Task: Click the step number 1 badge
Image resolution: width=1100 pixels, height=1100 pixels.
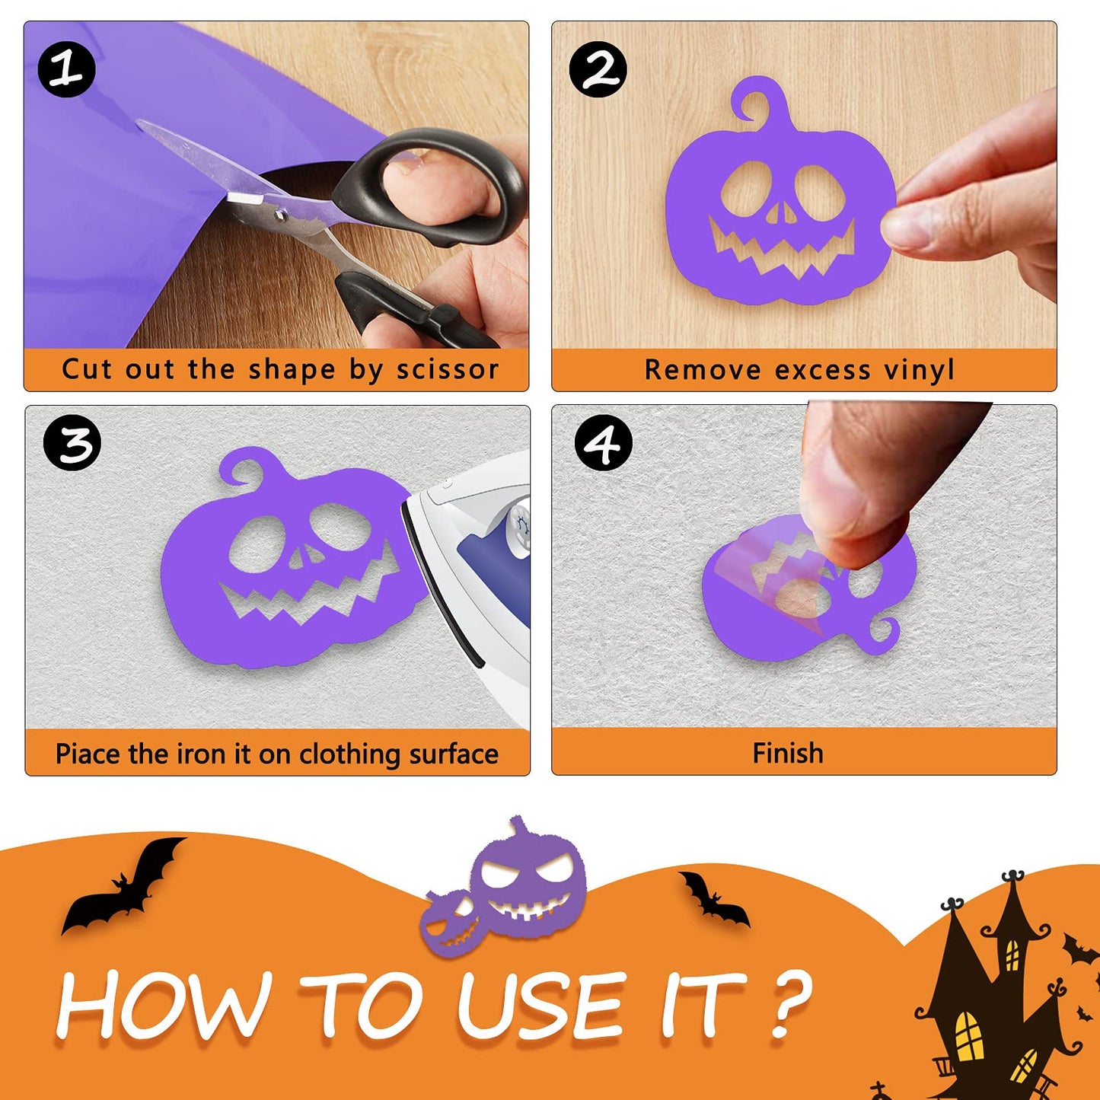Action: pyautogui.click(x=66, y=69)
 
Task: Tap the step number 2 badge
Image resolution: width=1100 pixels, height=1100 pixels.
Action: pyautogui.click(x=598, y=69)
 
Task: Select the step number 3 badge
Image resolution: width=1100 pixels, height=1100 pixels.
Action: pyautogui.click(x=72, y=442)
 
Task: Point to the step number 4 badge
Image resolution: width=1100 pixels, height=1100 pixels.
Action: pyautogui.click(x=604, y=442)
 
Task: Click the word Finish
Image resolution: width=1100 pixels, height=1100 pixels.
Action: pyautogui.click(x=788, y=753)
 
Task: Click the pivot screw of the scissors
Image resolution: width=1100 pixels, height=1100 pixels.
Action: pyautogui.click(x=279, y=215)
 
